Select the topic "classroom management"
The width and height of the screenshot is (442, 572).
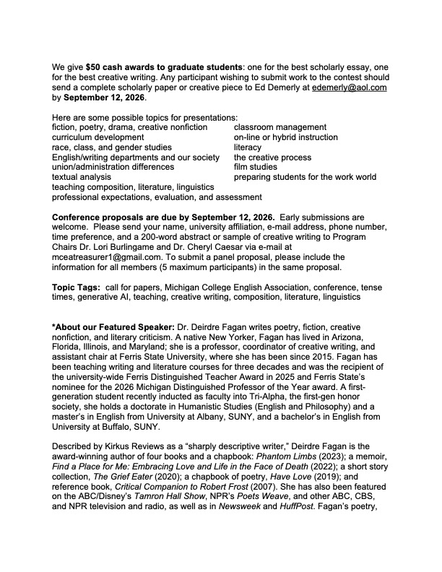(279, 127)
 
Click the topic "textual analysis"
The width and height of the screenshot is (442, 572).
(82, 177)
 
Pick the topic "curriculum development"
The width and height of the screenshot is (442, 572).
(97, 137)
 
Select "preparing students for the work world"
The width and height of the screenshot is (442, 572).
(305, 177)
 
